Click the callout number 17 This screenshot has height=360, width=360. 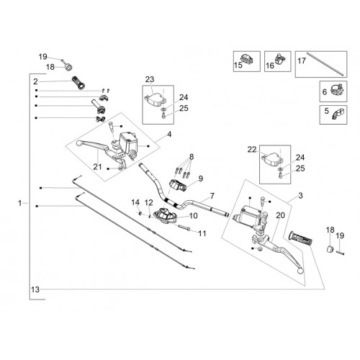point(302,60)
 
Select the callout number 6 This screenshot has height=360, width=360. point(325,91)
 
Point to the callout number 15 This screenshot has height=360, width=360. point(238,65)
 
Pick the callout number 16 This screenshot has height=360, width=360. point(270,66)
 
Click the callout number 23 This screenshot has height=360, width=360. point(150,79)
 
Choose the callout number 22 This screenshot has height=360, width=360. point(252,150)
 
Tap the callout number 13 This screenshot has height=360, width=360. point(35,289)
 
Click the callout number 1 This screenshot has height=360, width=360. point(20,203)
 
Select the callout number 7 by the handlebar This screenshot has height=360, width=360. point(212,196)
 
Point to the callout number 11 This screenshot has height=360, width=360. point(202,233)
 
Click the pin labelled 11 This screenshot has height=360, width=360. point(184,228)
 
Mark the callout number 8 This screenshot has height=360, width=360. point(192,157)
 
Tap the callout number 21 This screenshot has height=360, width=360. point(97,166)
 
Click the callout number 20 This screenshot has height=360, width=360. point(280,215)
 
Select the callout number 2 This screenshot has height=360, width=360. point(35,81)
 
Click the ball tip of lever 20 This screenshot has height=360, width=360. point(300,271)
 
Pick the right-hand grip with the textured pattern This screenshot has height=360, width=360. point(301,238)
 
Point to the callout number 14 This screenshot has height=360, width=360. point(135,202)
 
